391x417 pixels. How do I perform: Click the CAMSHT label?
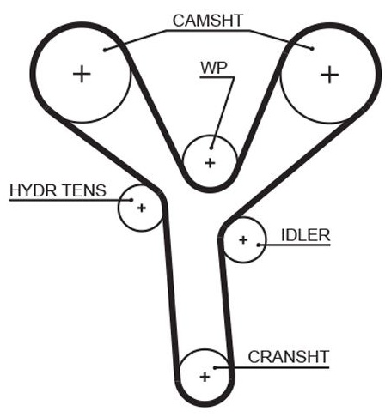[x=208, y=21]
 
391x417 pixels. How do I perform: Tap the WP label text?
[x=214, y=68]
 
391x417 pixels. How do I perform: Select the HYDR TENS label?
[x=58, y=190]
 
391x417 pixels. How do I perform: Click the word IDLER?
[x=306, y=235]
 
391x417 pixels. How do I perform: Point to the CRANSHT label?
[x=288, y=357]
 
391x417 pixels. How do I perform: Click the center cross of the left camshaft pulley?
[x=82, y=74]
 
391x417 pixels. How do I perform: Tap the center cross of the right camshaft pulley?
[x=329, y=75]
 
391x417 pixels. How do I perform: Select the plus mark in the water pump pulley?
[x=211, y=163]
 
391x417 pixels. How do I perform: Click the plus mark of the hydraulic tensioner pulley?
[x=142, y=208]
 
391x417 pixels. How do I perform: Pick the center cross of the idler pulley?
[x=243, y=239]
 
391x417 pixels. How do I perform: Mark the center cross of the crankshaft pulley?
[x=205, y=377]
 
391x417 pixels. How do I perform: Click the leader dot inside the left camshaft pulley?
[x=105, y=50]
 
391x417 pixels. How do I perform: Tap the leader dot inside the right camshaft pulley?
[x=312, y=49]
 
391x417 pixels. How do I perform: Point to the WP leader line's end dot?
[x=211, y=148]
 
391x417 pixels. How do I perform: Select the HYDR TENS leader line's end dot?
[x=131, y=200]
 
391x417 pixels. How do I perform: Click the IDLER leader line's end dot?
[x=259, y=245]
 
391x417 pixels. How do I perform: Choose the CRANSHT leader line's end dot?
[x=216, y=367]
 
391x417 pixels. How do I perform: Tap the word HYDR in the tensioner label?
[x=34, y=190]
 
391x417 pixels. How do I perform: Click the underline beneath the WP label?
[x=217, y=77]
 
